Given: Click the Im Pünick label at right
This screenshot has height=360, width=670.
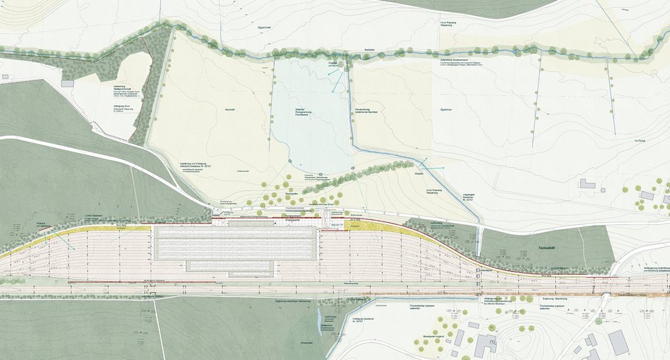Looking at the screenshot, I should coord(640,141).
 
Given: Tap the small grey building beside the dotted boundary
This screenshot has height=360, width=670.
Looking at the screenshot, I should coord(67,82).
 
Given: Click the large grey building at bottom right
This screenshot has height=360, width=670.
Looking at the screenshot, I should coord(617,341).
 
